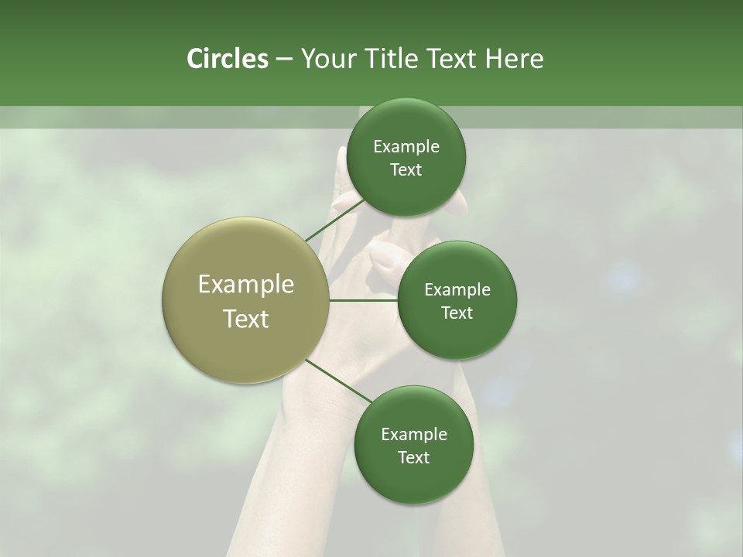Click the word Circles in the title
pyautogui.click(x=227, y=59)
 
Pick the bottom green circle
pyautogui.click(x=413, y=480)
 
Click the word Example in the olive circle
pyautogui.click(x=246, y=285)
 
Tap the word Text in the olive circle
pyautogui.click(x=246, y=319)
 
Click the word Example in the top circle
pyautogui.click(x=406, y=147)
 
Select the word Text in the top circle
pyautogui.click(x=406, y=170)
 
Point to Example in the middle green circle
pyautogui.click(x=457, y=290)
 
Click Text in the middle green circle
pyautogui.click(x=457, y=313)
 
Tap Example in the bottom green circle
pyautogui.click(x=413, y=435)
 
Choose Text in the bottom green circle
pyautogui.click(x=413, y=458)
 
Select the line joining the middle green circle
pyautogui.click(x=364, y=300)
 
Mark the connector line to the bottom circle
pyautogui.click(x=338, y=381)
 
